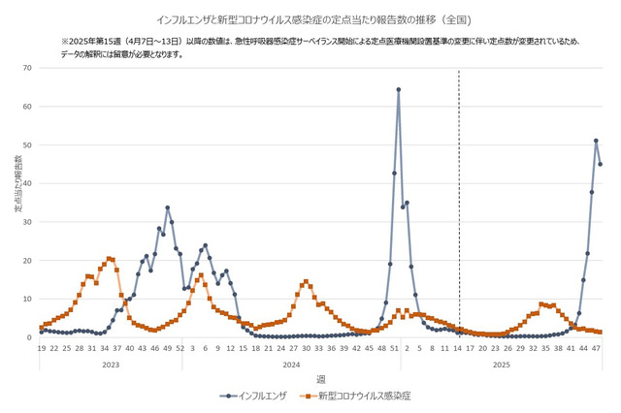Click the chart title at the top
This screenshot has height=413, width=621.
point(311,19)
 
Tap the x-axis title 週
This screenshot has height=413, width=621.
point(320,377)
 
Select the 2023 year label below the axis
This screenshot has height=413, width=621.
point(112,364)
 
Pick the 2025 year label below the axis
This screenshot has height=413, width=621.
point(500,364)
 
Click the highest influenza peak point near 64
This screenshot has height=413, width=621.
point(399,90)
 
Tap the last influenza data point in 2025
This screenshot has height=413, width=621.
point(601,164)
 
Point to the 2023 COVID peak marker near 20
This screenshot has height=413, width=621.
point(109,258)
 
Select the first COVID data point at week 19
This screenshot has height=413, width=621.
point(42,328)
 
